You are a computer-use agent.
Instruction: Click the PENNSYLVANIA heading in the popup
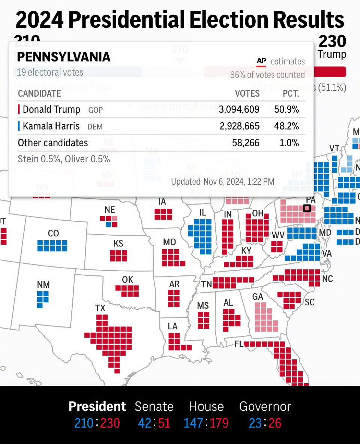tap(64, 57)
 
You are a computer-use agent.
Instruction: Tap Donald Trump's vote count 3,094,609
tap(239, 109)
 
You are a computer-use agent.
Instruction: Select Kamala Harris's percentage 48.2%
tap(286, 126)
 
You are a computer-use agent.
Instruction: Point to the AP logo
tap(261, 61)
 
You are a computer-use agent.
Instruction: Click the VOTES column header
tap(247, 94)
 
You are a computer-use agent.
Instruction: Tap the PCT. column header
tap(291, 94)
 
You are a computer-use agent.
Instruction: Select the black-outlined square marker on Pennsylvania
tap(307, 208)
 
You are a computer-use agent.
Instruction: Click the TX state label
tap(100, 308)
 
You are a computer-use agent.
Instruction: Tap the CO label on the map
tap(53, 233)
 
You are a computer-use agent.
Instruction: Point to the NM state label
tap(43, 285)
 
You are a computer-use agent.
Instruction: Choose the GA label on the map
tap(258, 297)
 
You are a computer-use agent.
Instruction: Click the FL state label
tap(239, 344)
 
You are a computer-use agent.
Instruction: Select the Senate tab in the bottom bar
tap(154, 407)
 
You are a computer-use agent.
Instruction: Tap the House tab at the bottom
tap(206, 407)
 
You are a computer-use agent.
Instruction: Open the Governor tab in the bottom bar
tap(265, 407)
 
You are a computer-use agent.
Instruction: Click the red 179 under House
tap(219, 423)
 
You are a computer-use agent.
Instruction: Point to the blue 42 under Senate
tap(144, 423)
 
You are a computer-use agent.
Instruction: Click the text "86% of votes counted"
tap(267, 75)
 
